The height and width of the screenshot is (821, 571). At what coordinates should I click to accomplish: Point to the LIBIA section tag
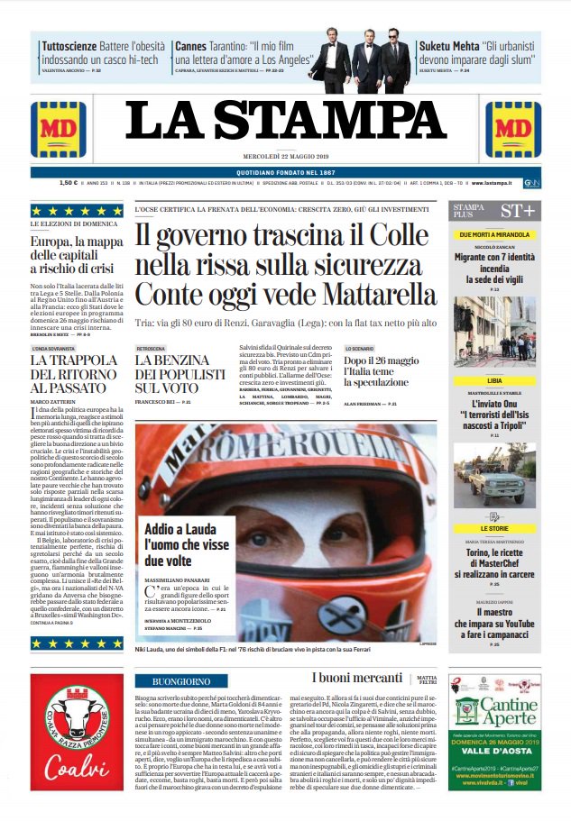(x=494, y=381)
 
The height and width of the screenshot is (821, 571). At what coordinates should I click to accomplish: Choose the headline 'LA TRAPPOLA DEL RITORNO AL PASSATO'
(x=77, y=373)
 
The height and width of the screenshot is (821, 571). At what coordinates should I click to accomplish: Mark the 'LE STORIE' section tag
(x=494, y=528)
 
